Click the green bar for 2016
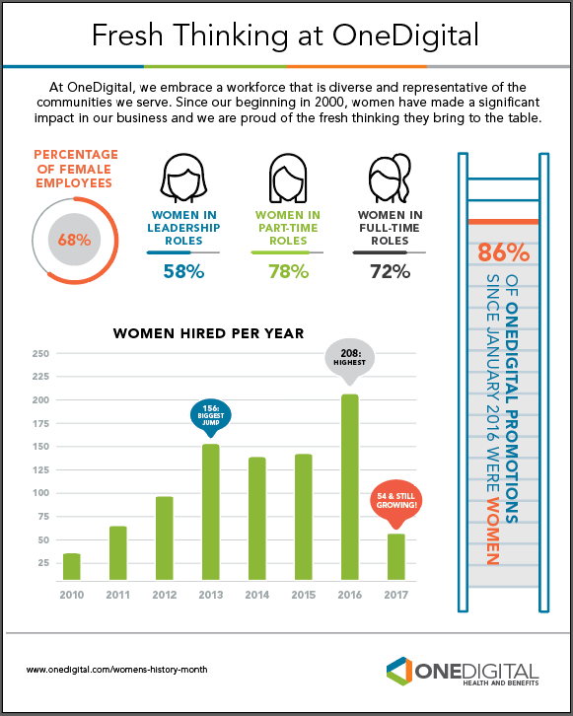pyautogui.click(x=350, y=487)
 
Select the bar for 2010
pyautogui.click(x=72, y=567)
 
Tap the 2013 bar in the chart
pyautogui.click(x=211, y=512)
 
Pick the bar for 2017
pyautogui.click(x=395, y=557)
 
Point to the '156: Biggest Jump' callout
pyautogui.click(x=211, y=417)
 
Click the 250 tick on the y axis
pyautogui.click(x=40, y=353)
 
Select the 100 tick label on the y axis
pyautogui.click(x=40, y=493)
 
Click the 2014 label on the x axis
pyautogui.click(x=257, y=595)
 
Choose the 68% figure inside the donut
pyautogui.click(x=74, y=240)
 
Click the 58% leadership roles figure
pyautogui.click(x=183, y=271)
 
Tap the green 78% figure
pyautogui.click(x=289, y=271)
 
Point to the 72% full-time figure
pyautogui.click(x=390, y=271)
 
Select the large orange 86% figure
pyautogui.click(x=504, y=252)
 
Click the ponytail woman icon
pyautogui.click(x=390, y=179)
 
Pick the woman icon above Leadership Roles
pyautogui.click(x=183, y=179)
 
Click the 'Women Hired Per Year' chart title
pyautogui.click(x=209, y=333)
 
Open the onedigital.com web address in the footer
pyautogui.click(x=117, y=670)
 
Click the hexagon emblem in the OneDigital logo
pyautogui.click(x=399, y=672)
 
